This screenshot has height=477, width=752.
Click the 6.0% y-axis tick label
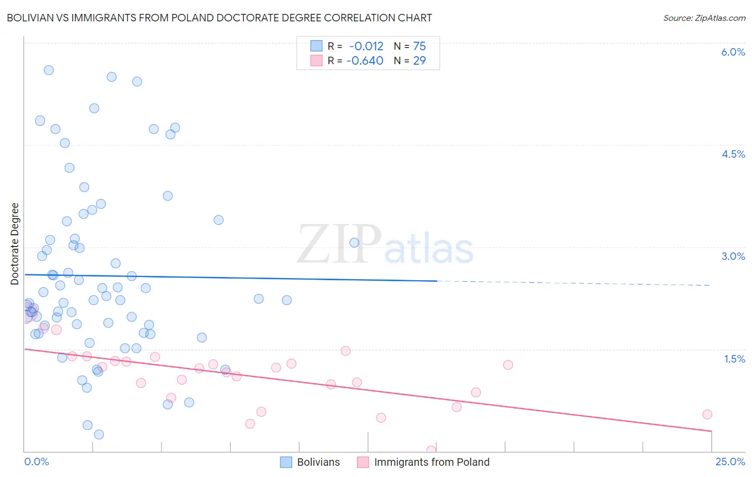(x=733, y=52)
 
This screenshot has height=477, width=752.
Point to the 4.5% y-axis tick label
(x=733, y=154)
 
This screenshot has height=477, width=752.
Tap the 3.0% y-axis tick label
(x=733, y=256)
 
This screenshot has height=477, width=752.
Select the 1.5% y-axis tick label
(x=734, y=359)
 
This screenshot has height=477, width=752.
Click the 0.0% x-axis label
(x=36, y=461)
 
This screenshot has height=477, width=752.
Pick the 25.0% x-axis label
(x=730, y=461)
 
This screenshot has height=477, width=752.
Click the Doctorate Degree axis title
(x=14, y=244)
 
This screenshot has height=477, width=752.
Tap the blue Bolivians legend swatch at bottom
(x=286, y=462)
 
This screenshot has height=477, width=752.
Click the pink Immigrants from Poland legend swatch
(x=363, y=462)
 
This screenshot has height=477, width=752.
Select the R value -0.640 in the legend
(x=365, y=61)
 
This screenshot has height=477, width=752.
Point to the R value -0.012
(x=366, y=47)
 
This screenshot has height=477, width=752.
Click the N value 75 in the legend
(x=419, y=47)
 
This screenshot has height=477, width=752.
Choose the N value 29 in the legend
(x=419, y=61)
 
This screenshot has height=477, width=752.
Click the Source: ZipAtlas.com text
(x=704, y=18)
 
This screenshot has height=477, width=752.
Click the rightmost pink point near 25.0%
(x=707, y=414)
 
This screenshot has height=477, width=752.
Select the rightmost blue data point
(x=354, y=243)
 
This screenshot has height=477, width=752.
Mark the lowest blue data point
(x=99, y=434)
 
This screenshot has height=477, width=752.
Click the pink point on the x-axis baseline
(x=431, y=450)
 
